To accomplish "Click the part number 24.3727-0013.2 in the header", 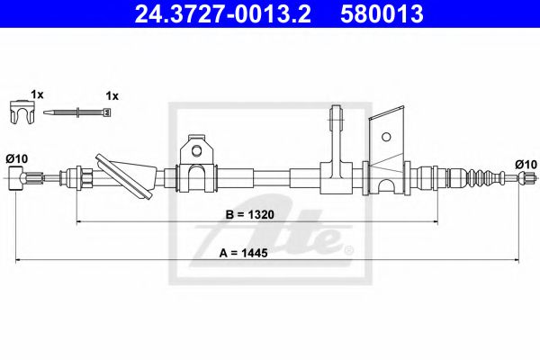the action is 223,14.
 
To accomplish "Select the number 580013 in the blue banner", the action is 382,14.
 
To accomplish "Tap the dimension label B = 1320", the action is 249,214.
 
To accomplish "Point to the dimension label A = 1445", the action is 244,253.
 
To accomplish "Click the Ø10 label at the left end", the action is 17,158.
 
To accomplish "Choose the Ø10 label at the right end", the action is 526,165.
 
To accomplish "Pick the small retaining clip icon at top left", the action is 22,112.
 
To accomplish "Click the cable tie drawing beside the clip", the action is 77,112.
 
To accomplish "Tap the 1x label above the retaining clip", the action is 37,94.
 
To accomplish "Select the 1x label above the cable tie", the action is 112,96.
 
